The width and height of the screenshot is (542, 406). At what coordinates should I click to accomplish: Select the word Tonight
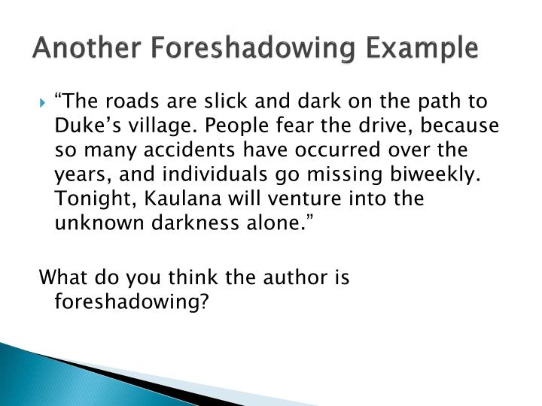click(87, 198)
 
